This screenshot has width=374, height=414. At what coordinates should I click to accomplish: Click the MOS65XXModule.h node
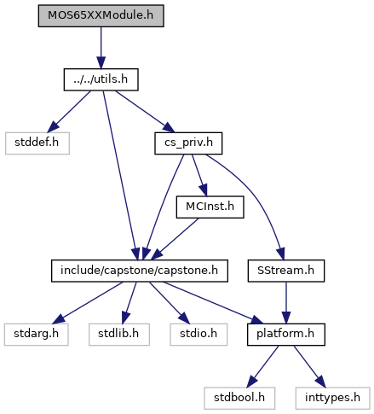click(x=101, y=15)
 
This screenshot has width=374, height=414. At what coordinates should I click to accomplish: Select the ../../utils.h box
click(x=101, y=79)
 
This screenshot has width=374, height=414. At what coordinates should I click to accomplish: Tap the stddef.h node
click(x=37, y=143)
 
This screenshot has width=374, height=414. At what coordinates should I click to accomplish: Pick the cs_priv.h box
click(x=188, y=143)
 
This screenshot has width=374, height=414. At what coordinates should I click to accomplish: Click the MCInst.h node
click(x=210, y=207)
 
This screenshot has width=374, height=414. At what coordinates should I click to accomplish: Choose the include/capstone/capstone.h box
click(x=140, y=271)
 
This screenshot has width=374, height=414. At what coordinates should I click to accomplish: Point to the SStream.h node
click(x=286, y=271)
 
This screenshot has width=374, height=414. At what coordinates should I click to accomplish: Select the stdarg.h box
click(x=37, y=335)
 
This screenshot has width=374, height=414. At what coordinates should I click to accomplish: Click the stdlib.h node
click(x=119, y=335)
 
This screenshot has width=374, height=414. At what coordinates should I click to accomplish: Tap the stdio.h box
click(x=199, y=335)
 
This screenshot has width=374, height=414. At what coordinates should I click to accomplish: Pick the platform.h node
click(x=286, y=335)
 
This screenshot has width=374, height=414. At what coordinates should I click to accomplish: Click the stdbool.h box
click(x=239, y=399)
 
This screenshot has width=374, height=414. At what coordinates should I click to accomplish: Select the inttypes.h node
click(x=332, y=399)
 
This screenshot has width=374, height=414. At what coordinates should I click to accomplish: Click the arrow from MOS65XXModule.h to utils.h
click(x=101, y=48)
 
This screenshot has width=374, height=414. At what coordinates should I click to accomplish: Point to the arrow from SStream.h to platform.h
click(x=286, y=303)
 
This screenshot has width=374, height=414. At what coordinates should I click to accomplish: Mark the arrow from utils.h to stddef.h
click(x=69, y=112)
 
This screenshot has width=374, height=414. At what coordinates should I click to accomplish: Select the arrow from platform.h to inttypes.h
click(x=309, y=366)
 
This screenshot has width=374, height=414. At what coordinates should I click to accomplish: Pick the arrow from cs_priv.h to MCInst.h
click(x=199, y=175)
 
